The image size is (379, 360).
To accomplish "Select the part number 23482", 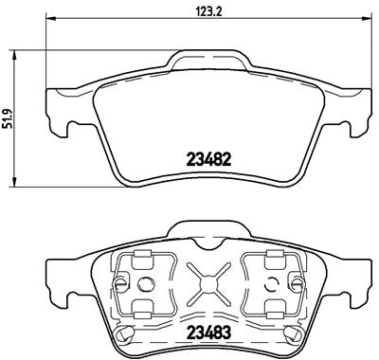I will pyautogui.click(x=200, y=160).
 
